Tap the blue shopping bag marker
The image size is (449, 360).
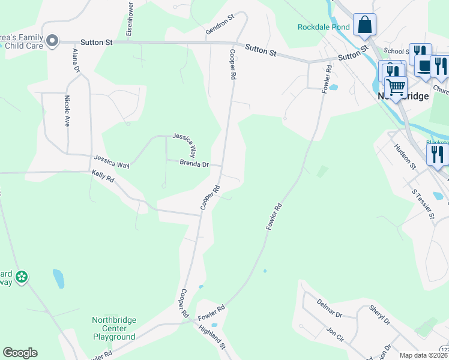pos(364,25)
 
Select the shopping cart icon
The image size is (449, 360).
pos(396,87)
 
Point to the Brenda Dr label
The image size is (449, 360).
pos(194,164)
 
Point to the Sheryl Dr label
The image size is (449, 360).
pos(379,314)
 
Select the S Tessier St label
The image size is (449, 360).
pos(423,203)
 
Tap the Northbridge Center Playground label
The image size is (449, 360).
pos(114,328)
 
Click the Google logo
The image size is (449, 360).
pos(20,353)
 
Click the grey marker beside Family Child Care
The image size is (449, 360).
pos(52,41)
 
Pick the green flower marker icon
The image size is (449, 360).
pos(22,277)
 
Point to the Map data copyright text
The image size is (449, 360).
pos(423,355)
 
